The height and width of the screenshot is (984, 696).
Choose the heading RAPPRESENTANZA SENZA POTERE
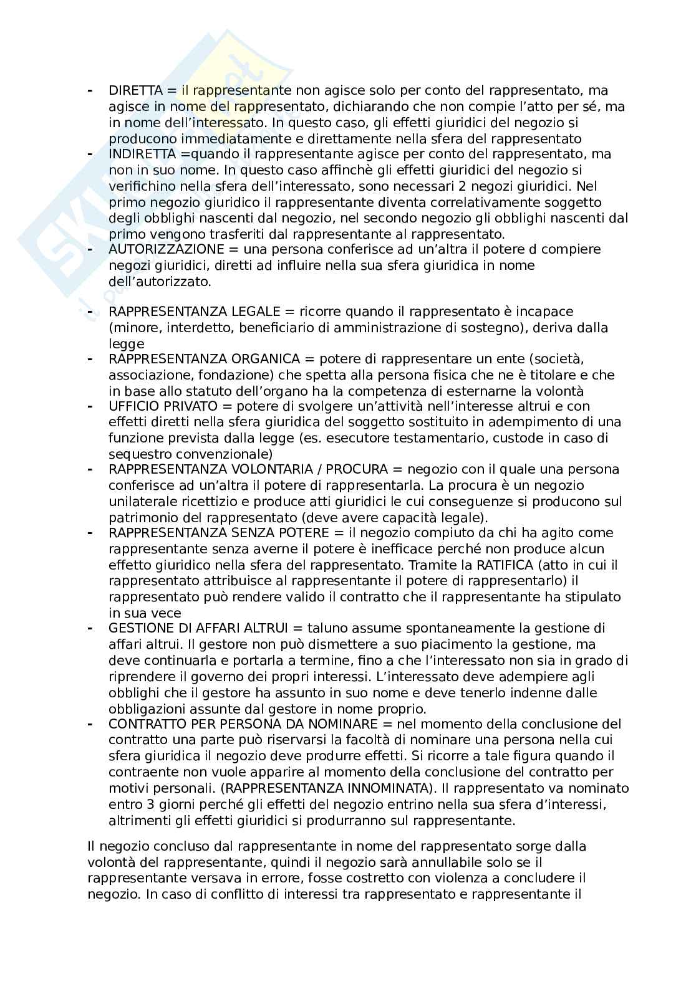tap(221, 533)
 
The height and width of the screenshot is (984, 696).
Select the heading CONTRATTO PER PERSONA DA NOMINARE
tap(243, 724)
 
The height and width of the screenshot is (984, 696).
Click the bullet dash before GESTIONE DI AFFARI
tap(90, 628)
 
